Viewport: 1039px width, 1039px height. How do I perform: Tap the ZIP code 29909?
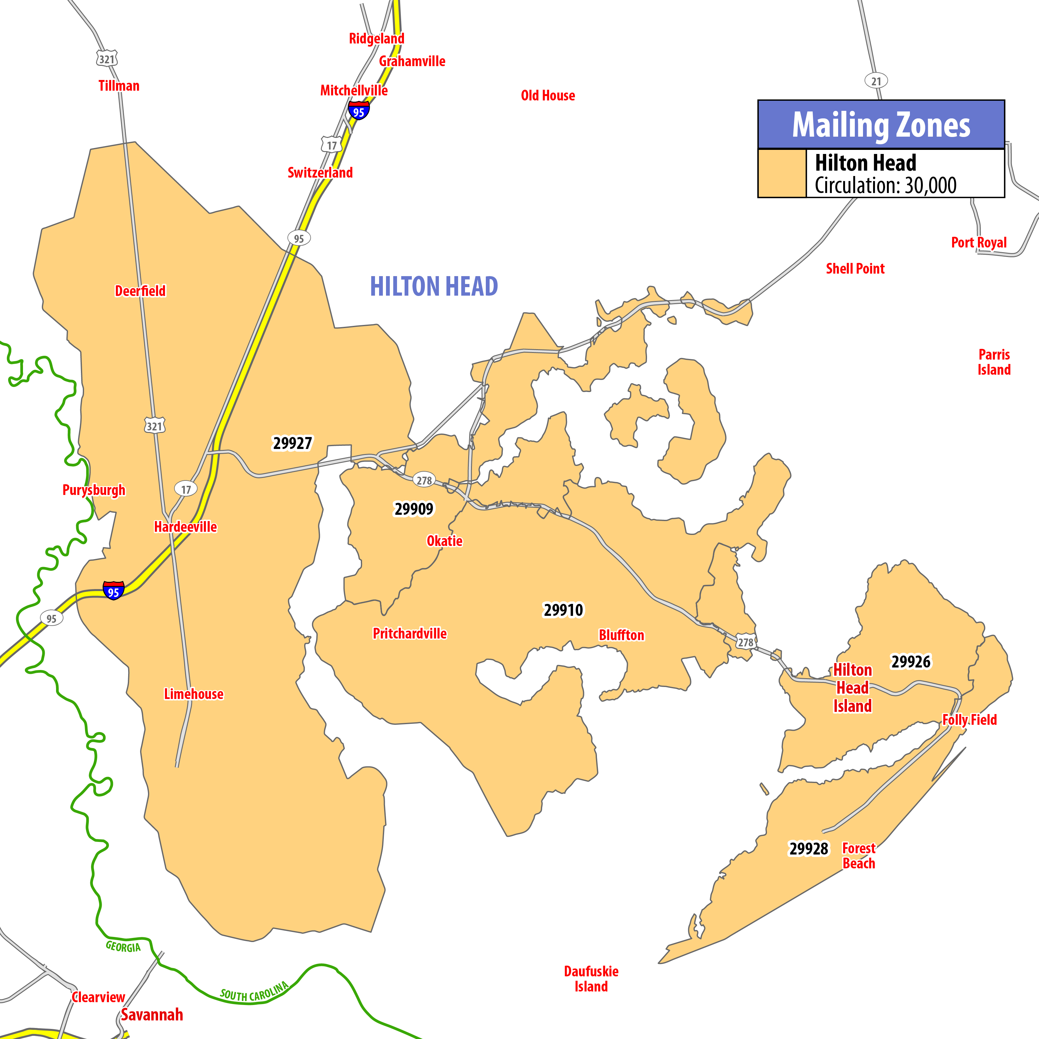tap(414, 509)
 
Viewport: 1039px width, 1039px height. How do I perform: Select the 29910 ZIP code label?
tap(563, 610)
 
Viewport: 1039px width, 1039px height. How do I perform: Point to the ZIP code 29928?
tap(808, 849)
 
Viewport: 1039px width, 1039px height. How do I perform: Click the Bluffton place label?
tap(621, 635)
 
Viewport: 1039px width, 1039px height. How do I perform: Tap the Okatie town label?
tap(444, 541)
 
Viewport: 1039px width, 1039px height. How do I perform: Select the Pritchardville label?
tap(410, 633)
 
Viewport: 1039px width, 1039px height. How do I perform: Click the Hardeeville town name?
tap(185, 527)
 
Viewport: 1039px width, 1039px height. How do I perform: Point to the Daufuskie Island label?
tap(591, 979)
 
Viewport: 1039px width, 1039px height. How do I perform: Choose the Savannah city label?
tap(152, 1015)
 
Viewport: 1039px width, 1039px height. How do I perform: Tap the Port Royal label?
tap(979, 242)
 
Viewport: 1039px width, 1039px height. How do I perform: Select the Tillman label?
tap(119, 86)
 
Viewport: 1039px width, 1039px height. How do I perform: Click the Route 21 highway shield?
tap(876, 81)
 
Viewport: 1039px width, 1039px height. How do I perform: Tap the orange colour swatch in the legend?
tap(782, 173)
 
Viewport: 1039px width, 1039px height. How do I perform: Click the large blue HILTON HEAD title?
tap(434, 286)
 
